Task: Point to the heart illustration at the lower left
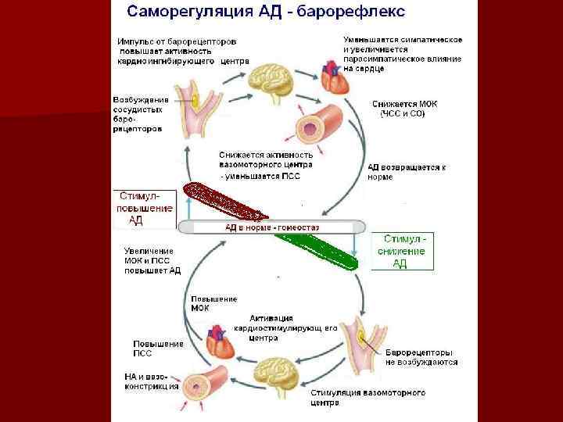pos(221,345)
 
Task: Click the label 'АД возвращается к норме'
pos(407,171)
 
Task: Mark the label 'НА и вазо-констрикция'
pos(151,381)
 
